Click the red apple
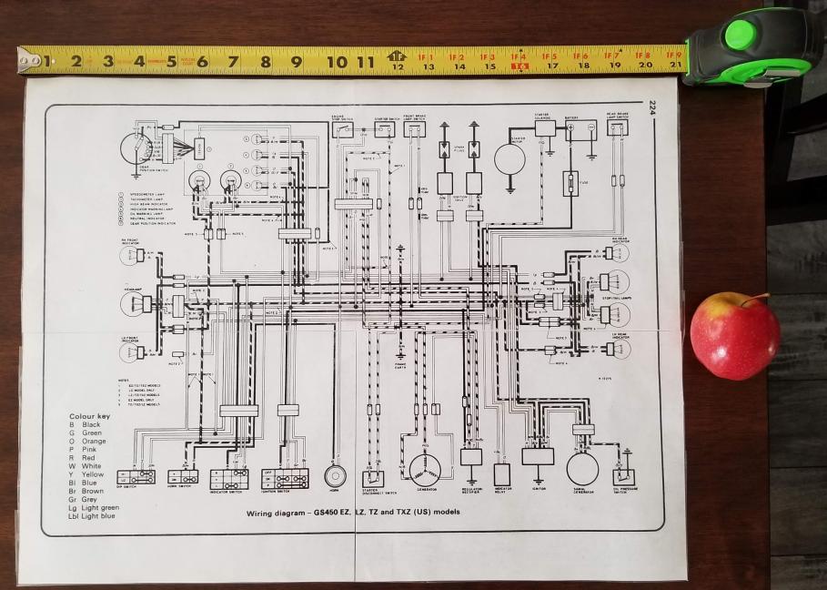click(734, 335)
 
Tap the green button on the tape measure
click(739, 35)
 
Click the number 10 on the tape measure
click(337, 62)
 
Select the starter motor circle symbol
click(509, 159)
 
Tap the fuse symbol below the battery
click(570, 183)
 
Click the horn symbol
click(336, 475)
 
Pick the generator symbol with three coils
click(424, 469)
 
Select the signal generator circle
click(582, 468)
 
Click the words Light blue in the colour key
click(98, 516)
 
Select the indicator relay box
click(502, 473)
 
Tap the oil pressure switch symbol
click(624, 476)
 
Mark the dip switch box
click(140, 476)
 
